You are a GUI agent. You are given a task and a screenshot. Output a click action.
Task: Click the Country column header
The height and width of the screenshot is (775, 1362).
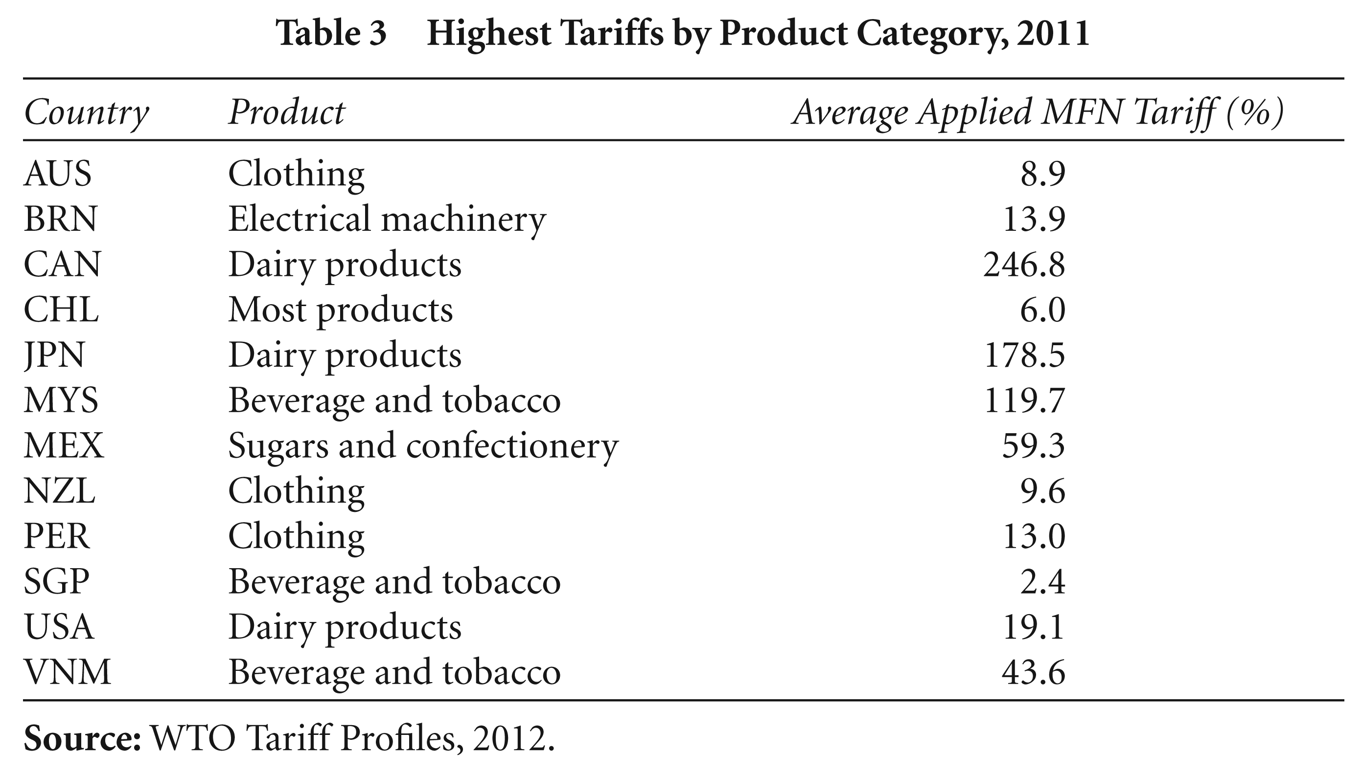86,113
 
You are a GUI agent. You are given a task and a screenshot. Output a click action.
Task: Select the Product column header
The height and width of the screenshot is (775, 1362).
287,112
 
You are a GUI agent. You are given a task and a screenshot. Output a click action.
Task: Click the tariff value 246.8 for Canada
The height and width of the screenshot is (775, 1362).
1024,265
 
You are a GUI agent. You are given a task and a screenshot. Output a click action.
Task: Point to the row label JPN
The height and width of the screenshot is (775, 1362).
54,355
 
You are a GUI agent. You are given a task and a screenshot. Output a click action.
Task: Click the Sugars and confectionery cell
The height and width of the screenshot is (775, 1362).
423,446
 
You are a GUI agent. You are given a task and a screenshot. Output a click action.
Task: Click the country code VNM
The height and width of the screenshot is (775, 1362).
67,672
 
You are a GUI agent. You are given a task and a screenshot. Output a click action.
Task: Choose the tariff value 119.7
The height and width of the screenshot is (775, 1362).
1024,400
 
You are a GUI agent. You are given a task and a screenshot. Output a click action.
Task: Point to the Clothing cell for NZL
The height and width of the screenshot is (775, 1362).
296,491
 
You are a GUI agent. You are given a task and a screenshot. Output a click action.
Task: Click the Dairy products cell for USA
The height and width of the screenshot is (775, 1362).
345,627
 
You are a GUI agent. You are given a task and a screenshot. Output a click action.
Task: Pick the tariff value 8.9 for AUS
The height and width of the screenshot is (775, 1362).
1042,174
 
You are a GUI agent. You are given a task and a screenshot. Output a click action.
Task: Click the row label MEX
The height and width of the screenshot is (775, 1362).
64,445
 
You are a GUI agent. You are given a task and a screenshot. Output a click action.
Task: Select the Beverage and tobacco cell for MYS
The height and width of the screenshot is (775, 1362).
394,400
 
